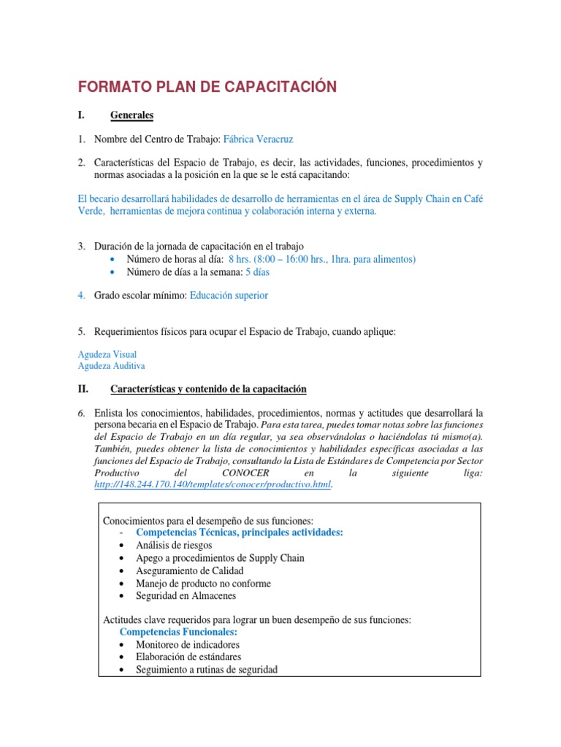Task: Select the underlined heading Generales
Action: (131, 115)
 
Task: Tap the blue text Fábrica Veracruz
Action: (259, 139)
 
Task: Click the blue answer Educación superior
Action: (229, 295)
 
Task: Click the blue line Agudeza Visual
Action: (107, 354)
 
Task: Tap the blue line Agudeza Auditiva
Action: (112, 365)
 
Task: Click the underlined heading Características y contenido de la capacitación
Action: (208, 389)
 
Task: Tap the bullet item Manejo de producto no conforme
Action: (203, 583)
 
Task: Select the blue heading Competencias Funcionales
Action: (178, 632)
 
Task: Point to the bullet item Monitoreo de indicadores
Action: (188, 645)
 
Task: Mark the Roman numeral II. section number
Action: (83, 389)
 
